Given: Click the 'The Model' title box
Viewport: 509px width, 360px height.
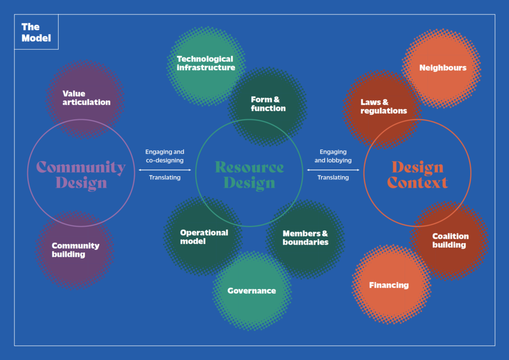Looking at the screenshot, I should click(x=36, y=32).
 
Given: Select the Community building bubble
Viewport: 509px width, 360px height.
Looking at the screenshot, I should click(x=76, y=250).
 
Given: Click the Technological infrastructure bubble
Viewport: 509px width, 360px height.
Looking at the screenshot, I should click(x=205, y=63).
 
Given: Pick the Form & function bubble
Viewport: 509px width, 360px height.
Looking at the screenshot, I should click(x=267, y=104).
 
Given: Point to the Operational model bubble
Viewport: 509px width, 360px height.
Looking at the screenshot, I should click(x=204, y=237).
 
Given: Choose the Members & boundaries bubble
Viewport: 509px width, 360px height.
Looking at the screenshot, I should click(x=305, y=237).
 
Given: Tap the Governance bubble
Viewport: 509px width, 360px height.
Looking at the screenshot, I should click(x=252, y=291).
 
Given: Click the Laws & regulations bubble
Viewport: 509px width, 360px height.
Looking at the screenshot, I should click(x=383, y=106).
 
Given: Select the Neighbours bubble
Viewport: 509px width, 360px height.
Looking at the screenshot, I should click(x=443, y=68).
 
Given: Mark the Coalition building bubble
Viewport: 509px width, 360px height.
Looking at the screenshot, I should click(x=450, y=240).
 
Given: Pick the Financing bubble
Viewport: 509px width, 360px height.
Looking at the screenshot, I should click(x=389, y=285).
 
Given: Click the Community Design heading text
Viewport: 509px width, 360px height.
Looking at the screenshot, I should click(x=81, y=175).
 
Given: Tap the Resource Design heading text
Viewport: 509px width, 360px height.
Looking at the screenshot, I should click(x=249, y=175).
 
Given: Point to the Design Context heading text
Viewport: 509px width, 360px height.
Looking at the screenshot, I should click(x=417, y=175).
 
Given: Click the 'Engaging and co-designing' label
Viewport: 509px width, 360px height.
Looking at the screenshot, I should click(x=165, y=156).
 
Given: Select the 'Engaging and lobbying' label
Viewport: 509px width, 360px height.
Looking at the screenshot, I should click(x=333, y=156).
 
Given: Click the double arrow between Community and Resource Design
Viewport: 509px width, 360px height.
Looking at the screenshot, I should click(x=165, y=170).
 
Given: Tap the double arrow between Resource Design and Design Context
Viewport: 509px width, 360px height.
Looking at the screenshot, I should click(x=333, y=170).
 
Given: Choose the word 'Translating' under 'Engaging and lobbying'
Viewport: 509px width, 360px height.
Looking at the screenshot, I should click(x=333, y=178).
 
